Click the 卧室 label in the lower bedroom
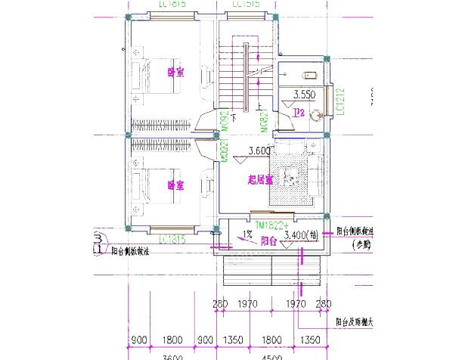pyautogui.click(x=175, y=185)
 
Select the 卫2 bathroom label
pyautogui.click(x=299, y=113)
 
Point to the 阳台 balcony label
pyautogui.click(x=268, y=243)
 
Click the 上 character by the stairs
pyautogui.click(x=261, y=106)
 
